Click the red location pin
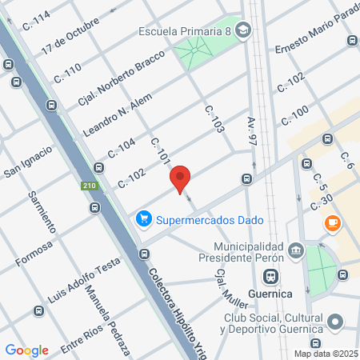pos(181,179)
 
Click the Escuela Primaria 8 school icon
pos(242,33)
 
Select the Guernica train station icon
pos(271,276)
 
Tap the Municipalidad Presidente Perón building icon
pos(295,250)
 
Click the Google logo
pos(26,350)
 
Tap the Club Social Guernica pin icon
pos(336,324)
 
